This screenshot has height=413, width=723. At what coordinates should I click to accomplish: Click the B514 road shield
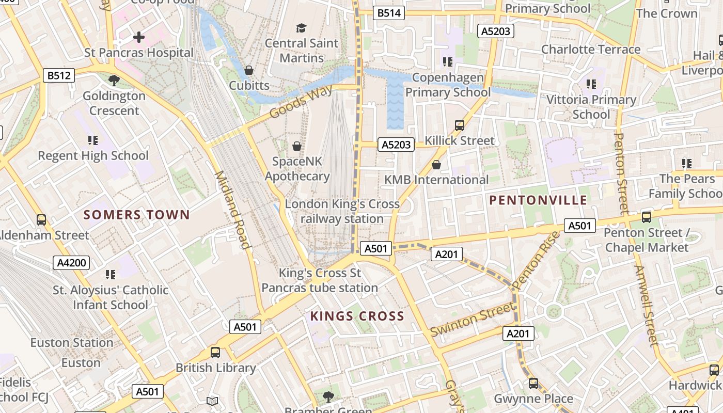[389, 13]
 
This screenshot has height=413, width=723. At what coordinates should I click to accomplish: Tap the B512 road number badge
[58, 76]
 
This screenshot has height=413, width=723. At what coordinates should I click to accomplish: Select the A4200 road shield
[71, 263]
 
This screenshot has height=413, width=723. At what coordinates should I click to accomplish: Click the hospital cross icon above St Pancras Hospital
[138, 37]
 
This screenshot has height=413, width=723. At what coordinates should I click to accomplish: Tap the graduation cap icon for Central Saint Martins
[301, 28]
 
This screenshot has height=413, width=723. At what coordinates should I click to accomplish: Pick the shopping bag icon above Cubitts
[249, 70]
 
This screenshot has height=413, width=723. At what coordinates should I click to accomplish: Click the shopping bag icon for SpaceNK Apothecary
[297, 146]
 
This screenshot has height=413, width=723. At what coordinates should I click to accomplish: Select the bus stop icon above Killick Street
[459, 125]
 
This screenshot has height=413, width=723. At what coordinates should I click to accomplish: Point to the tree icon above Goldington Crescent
[114, 81]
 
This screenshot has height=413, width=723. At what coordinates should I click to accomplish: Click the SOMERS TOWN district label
[137, 215]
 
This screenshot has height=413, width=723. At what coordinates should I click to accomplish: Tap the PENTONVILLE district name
[538, 200]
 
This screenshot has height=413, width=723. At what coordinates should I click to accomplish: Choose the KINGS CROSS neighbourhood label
[357, 316]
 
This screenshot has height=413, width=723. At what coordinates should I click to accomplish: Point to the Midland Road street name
[232, 209]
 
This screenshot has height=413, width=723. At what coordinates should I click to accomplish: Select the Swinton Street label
[473, 320]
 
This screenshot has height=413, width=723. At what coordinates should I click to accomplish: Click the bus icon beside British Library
[215, 353]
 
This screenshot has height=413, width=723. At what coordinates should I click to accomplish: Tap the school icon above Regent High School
[93, 140]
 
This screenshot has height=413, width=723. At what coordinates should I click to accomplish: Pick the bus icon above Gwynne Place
[533, 384]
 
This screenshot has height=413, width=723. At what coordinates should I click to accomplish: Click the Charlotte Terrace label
[591, 50]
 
